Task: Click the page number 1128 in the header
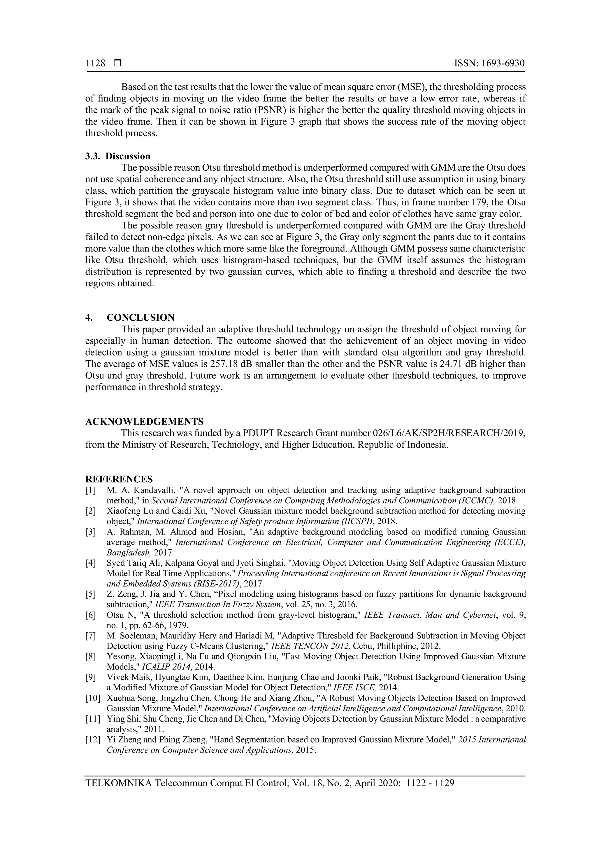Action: [x=95, y=63]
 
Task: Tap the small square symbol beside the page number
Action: [x=118, y=63]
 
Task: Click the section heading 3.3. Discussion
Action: [x=118, y=156]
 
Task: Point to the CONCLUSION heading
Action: [x=141, y=317]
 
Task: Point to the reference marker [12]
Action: [x=92, y=740]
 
